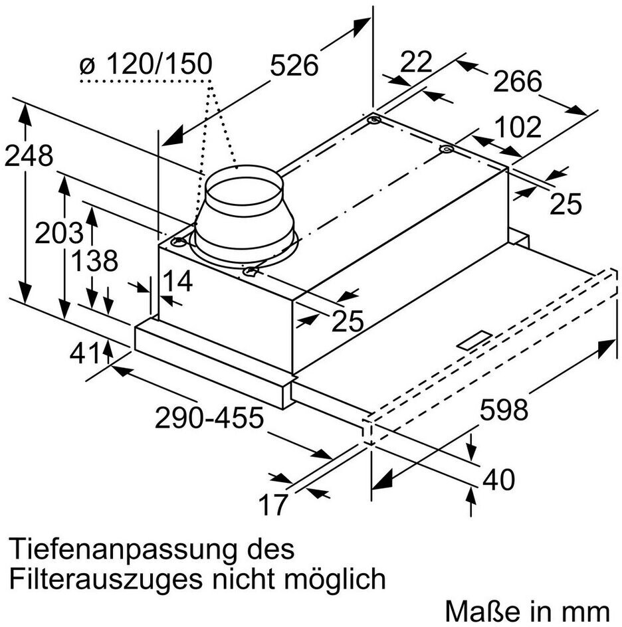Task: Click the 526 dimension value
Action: [x=294, y=65]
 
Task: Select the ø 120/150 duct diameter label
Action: [x=146, y=64]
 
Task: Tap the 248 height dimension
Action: [x=29, y=156]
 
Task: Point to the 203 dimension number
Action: [x=58, y=233]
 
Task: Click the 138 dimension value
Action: [x=94, y=261]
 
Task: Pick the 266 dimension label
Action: [x=517, y=81]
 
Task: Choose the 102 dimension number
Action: [x=518, y=127]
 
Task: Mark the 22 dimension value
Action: [x=416, y=62]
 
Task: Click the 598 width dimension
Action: [x=504, y=410]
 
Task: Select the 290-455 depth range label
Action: [x=209, y=418]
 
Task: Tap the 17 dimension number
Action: [x=273, y=504]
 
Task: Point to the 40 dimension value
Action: [x=498, y=480]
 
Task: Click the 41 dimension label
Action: [x=84, y=353]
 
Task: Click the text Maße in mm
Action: [x=527, y=611]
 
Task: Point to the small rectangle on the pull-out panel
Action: [x=474, y=341]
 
